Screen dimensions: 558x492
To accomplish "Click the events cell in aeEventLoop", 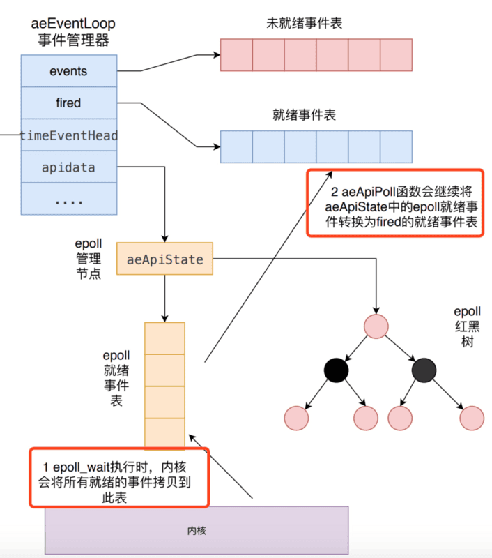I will point(68,71).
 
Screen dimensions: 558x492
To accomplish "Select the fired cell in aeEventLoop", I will point(68,103).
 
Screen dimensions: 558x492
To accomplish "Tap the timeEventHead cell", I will point(68,135).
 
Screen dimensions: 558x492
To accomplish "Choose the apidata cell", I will point(68,167).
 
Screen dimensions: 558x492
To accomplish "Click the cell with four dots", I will point(68,199).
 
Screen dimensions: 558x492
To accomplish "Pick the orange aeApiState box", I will point(165,259).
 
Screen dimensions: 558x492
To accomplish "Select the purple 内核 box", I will point(197,530).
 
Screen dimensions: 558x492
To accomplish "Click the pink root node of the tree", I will point(376,326).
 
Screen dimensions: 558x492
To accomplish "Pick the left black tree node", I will point(336,370).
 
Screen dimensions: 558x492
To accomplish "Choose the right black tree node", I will point(424,370).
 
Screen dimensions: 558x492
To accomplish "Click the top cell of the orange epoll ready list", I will point(165,338).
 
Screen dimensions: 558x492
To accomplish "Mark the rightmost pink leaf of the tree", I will point(472,417).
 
